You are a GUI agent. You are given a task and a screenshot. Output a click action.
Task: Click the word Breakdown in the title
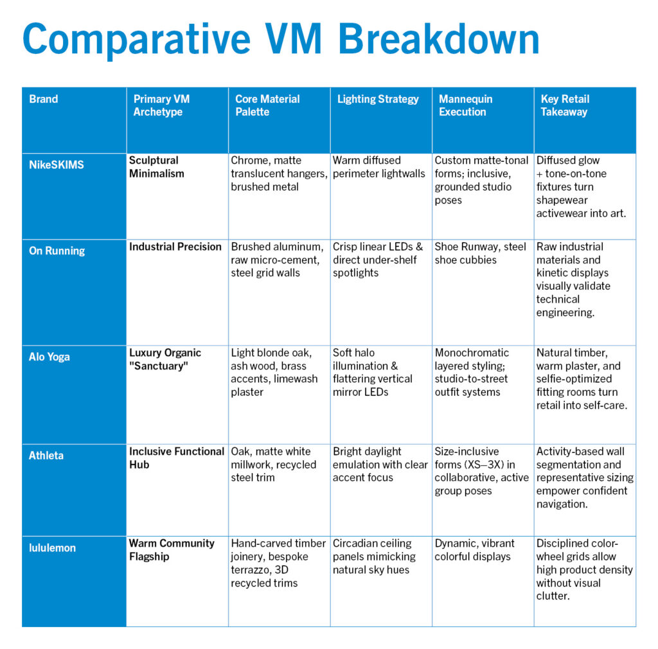pos(438,39)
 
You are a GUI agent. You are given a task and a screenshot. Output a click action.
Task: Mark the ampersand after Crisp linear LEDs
pos(419,247)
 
